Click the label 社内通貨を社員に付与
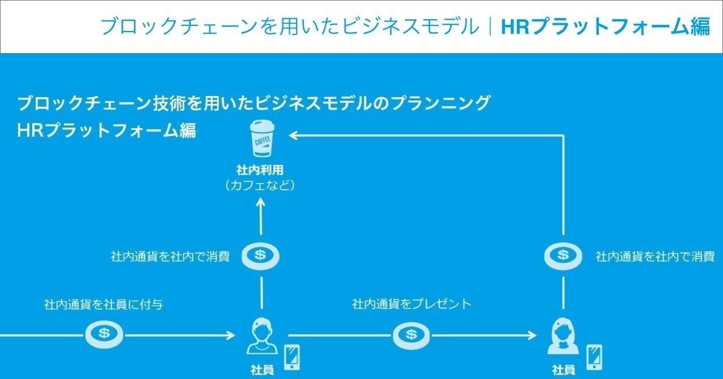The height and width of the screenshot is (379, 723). (x=104, y=304)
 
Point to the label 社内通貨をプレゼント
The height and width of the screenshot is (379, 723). (x=412, y=304)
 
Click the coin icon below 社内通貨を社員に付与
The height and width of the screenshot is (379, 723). (x=104, y=334)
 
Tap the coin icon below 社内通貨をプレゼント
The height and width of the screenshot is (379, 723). (x=412, y=335)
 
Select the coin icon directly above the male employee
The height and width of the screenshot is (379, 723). (x=260, y=256)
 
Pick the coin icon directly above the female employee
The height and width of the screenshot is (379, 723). (x=563, y=256)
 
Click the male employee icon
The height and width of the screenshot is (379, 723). (x=260, y=337)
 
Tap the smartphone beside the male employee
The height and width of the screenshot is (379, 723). (x=291, y=356)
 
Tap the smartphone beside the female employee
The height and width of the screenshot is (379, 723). (x=594, y=356)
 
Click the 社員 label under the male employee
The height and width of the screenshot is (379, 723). (x=262, y=371)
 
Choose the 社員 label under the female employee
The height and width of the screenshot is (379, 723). (x=564, y=371)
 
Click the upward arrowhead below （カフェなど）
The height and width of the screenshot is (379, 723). (x=260, y=202)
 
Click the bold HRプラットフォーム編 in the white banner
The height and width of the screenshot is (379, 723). (x=606, y=27)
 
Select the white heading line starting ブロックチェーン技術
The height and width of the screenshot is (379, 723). (x=253, y=103)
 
